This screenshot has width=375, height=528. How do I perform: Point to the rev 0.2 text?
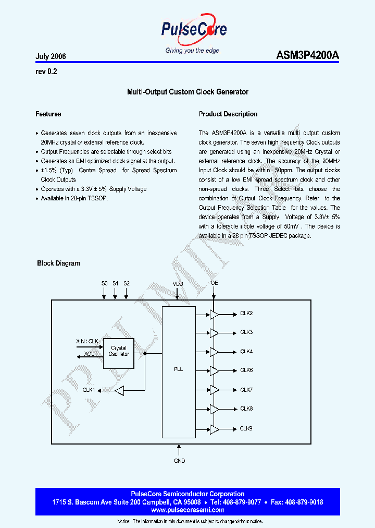tap(46, 72)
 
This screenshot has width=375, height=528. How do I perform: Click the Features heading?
tap(48, 114)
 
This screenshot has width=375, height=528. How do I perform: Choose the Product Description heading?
tap(228, 114)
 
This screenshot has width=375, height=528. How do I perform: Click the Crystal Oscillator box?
tap(119, 351)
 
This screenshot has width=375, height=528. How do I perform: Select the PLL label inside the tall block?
tap(178, 369)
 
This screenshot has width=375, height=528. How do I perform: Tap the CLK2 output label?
tap(246, 314)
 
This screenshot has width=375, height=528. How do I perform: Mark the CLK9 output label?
tap(246, 429)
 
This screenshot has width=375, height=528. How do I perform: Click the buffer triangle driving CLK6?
tap(214, 371)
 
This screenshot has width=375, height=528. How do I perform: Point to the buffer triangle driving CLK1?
tap(120, 390)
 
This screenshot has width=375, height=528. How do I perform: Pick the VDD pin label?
tap(178, 284)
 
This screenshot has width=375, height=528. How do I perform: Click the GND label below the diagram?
tap(179, 461)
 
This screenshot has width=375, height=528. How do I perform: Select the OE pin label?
tap(214, 283)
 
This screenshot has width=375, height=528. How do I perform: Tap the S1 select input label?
tap(115, 283)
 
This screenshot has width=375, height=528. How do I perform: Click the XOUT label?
tap(91, 354)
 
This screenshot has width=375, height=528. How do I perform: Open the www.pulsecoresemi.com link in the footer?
tap(187, 510)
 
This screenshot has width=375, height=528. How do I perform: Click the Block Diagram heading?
tap(58, 263)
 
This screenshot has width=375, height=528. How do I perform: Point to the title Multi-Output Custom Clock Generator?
tap(187, 92)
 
